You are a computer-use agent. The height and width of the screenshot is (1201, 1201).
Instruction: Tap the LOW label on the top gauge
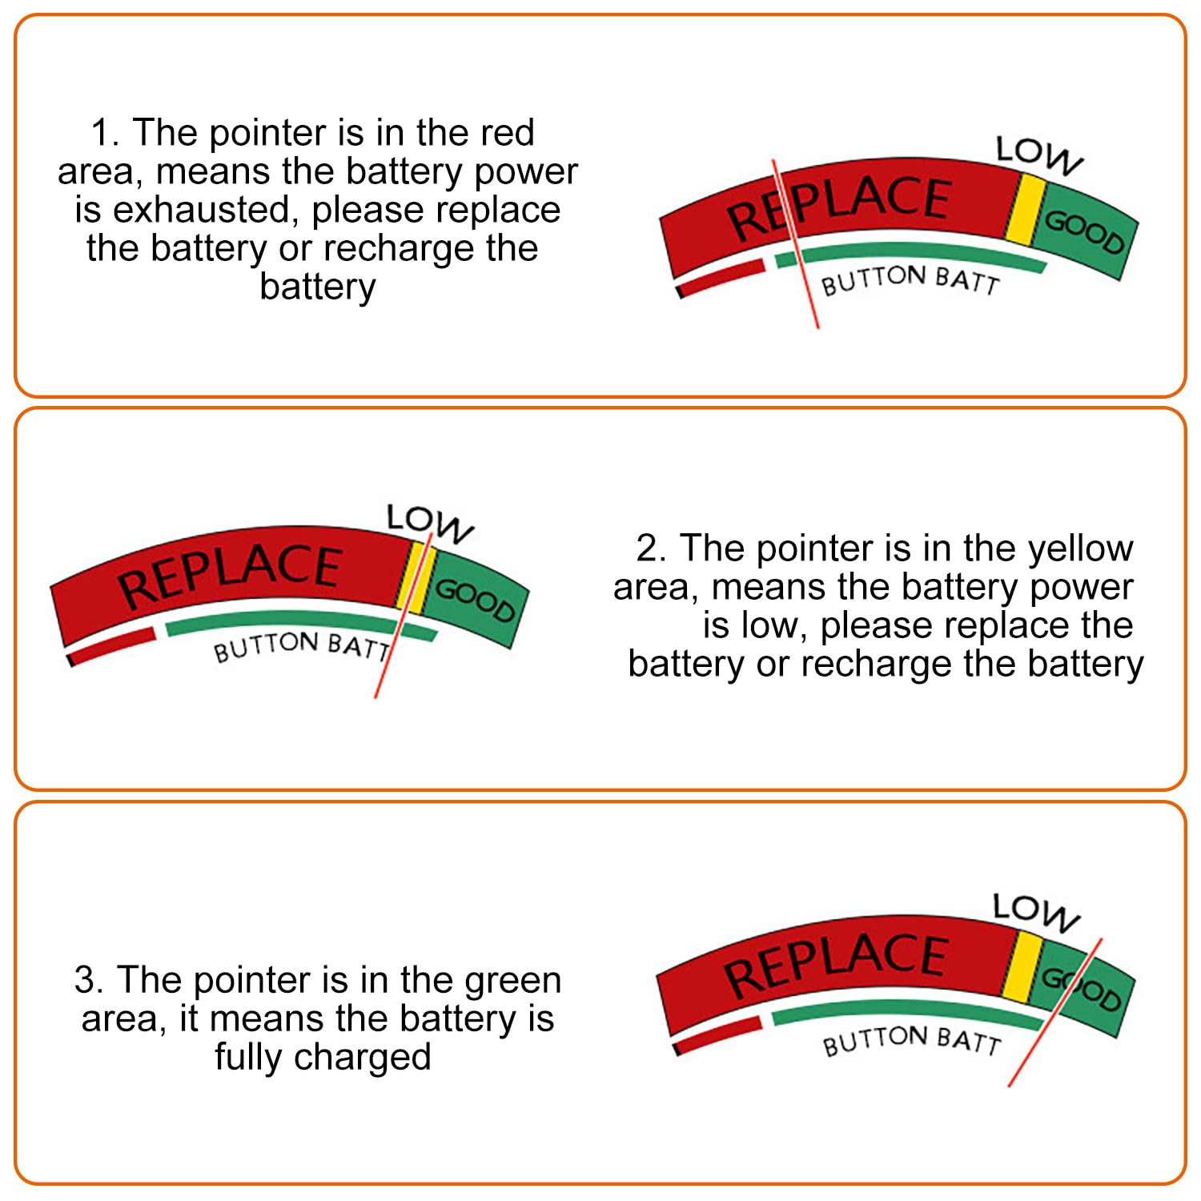point(1038,155)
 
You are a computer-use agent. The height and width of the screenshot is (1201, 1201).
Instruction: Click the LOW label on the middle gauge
point(429,524)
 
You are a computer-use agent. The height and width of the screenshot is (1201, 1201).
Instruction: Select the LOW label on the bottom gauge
point(1035,913)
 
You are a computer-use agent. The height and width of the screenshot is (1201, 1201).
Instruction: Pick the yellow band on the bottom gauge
point(1022,967)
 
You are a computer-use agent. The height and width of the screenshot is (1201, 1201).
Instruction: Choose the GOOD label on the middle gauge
point(475,600)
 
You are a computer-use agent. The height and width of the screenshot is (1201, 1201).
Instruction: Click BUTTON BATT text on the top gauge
point(910,280)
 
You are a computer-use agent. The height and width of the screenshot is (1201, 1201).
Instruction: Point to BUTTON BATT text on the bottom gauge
point(912,1041)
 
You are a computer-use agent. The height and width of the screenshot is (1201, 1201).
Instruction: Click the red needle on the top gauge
point(796,243)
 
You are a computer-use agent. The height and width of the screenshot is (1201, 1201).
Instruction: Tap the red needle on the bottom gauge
point(1055,1012)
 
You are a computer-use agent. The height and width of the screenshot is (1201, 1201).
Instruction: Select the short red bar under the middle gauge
point(112,646)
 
